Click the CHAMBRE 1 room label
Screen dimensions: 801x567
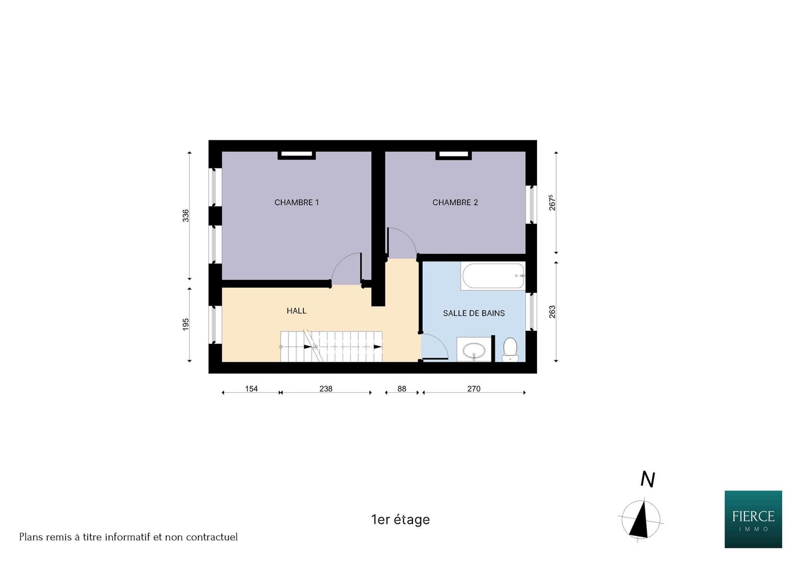[x=296, y=203]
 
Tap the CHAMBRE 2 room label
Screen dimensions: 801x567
[x=455, y=203]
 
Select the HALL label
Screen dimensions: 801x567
[x=296, y=311]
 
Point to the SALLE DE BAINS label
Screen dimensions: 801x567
[x=474, y=313]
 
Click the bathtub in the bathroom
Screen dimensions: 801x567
[x=493, y=276]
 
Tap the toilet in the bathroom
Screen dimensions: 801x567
[x=510, y=350]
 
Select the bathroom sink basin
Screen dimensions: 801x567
[x=474, y=350]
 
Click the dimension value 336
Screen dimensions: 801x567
[x=186, y=215]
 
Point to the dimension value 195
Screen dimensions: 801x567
[x=186, y=324]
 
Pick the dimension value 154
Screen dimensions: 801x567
[x=251, y=388]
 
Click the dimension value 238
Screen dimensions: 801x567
[x=326, y=388]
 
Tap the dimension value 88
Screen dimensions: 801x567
[x=402, y=388]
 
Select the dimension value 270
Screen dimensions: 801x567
[x=474, y=388]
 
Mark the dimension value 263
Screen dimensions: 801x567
[x=552, y=311]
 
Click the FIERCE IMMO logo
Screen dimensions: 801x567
[x=753, y=519]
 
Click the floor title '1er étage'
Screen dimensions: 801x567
[x=401, y=519]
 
